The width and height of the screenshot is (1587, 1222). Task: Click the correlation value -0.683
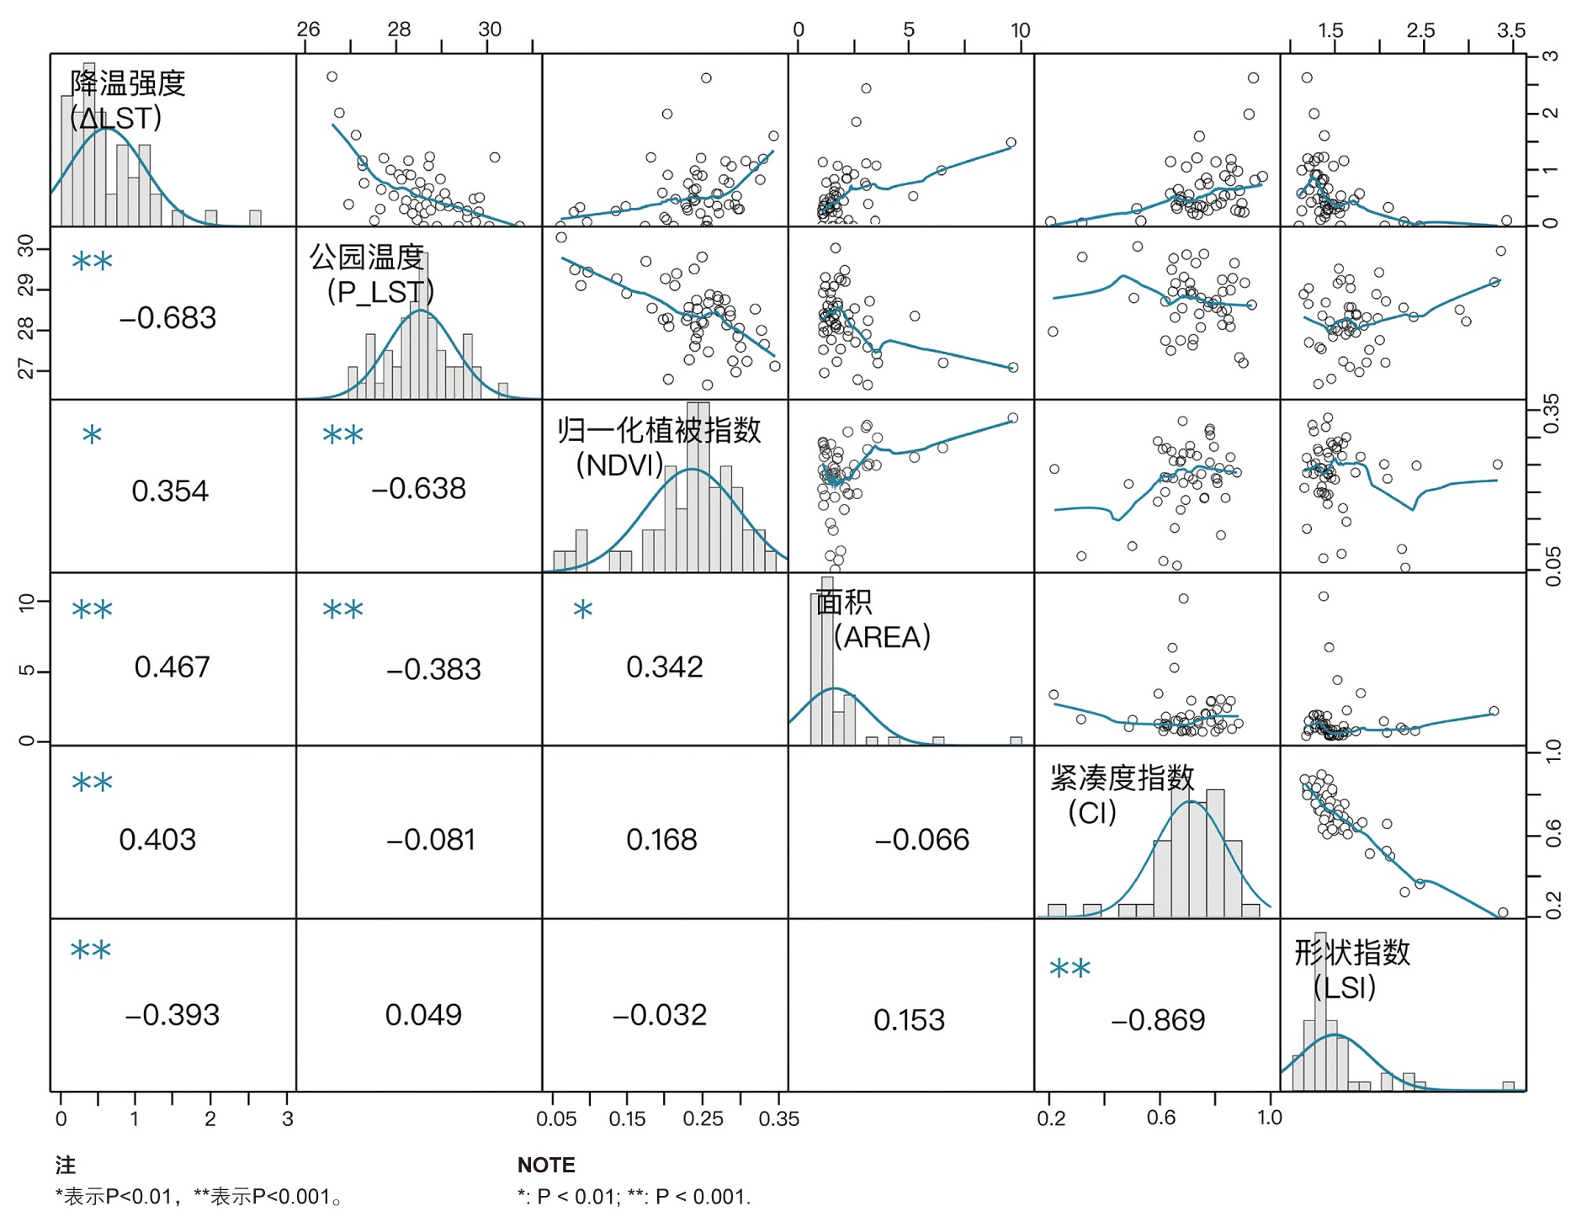[167, 318]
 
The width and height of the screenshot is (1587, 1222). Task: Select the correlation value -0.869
[1158, 1021]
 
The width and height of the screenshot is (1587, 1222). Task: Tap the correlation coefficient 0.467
[172, 667]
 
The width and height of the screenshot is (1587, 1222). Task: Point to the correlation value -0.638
[418, 489]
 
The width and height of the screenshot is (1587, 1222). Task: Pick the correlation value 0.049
[423, 1015]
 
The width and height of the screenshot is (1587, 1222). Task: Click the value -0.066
[921, 840]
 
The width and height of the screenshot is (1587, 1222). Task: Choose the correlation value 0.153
[909, 1021]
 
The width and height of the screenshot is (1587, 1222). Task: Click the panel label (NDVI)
[619, 465]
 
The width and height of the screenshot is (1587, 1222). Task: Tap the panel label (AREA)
[882, 637]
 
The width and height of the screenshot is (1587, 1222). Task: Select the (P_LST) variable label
[380, 292]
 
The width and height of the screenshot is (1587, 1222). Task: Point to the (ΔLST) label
[116, 118]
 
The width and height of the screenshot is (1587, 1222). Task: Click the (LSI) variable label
[1344, 987]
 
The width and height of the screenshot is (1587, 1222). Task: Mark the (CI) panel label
[1091, 813]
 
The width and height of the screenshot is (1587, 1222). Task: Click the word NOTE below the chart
[546, 1166]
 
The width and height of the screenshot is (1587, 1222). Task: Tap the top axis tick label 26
[308, 29]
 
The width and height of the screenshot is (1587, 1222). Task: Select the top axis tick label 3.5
[1510, 30]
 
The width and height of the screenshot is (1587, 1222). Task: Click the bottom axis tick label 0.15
[627, 1119]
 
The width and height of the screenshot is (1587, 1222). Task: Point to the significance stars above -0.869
[1069, 970]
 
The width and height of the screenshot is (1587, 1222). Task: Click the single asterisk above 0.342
[583, 610]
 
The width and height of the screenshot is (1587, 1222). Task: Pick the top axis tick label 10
[1020, 30]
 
